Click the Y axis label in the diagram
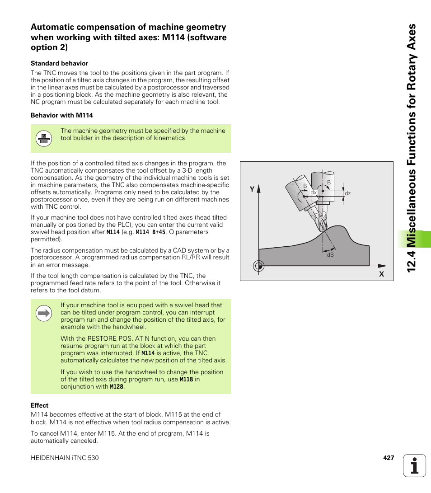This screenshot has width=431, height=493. (x=253, y=190)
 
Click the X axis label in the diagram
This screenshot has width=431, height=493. (x=381, y=274)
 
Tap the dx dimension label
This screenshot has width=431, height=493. (x=313, y=193)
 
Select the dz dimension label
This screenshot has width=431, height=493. (x=347, y=193)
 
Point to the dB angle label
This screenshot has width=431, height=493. (x=330, y=255)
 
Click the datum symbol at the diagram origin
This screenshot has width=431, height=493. (x=258, y=266)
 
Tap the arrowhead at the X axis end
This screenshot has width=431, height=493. (x=383, y=266)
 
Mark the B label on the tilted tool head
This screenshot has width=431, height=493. (x=305, y=186)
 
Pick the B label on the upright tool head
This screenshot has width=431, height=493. (x=329, y=183)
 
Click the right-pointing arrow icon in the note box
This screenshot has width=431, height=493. (x=44, y=313)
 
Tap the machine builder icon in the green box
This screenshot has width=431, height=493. (x=44, y=138)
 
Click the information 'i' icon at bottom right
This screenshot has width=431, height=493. (x=415, y=465)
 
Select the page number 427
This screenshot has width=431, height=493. (x=389, y=458)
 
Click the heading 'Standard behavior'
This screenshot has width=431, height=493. (x=59, y=63)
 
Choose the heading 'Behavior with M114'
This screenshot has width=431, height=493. (x=62, y=115)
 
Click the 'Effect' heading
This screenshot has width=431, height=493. (x=39, y=405)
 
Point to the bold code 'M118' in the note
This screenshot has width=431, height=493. (x=186, y=380)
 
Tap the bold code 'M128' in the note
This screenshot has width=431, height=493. (x=117, y=387)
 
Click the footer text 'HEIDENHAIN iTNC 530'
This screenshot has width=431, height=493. (x=65, y=458)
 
